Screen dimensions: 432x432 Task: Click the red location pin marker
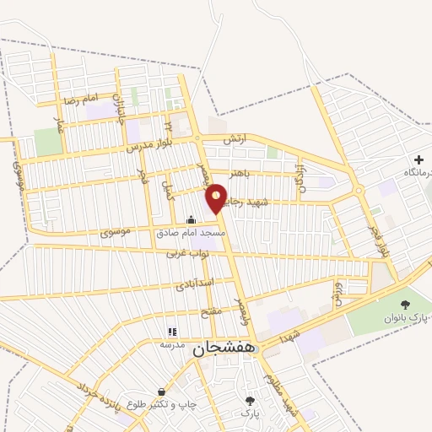[x=217, y=198]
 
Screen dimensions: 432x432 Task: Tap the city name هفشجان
[x=224, y=349]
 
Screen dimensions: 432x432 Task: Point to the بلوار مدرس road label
[x=149, y=141]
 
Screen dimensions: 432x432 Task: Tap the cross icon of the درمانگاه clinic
[x=418, y=159]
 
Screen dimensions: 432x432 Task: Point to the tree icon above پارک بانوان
[x=405, y=304]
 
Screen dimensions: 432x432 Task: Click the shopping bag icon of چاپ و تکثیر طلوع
[x=161, y=392]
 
